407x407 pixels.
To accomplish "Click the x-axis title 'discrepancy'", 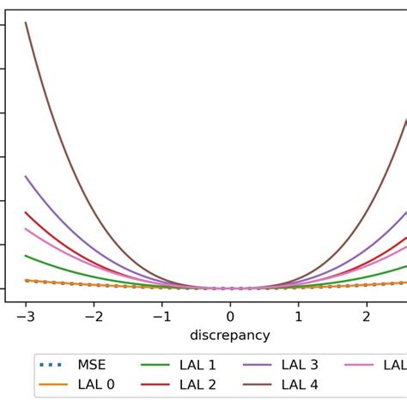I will point(229,335).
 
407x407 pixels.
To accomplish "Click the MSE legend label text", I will point(90,365).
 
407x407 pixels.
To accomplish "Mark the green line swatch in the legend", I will point(156,365).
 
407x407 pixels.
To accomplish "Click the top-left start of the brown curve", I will point(26,22).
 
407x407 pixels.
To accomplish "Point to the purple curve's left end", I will point(26,176).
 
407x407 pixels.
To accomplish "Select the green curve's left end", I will point(26,255).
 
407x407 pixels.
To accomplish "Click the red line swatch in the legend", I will point(156,386).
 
